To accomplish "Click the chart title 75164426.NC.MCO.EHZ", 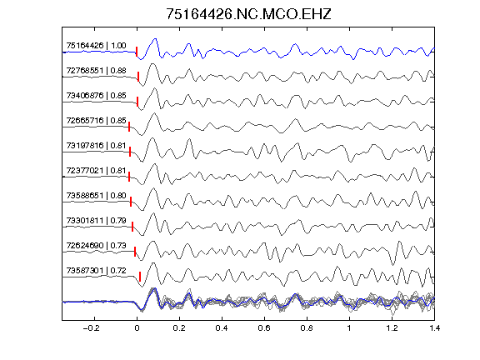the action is pos(248,14).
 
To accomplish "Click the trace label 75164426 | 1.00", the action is pos(96,46).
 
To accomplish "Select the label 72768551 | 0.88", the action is pos(96,71).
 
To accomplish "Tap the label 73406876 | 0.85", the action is pos(96,96).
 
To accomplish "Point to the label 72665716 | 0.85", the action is pos(96,121).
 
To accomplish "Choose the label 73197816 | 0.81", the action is pos(96,145).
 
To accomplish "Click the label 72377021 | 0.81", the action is pos(96,171).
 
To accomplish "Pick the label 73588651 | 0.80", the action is pos(96,195).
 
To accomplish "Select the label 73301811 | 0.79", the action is pos(96,220).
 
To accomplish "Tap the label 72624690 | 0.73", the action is pos(96,246).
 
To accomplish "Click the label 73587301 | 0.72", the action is pos(96,271).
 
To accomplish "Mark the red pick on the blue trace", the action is pos(137,52).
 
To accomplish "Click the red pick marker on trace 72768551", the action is pos(138,77).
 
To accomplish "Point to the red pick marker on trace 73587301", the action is pos(140,277).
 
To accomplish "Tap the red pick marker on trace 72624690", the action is pos(135,252).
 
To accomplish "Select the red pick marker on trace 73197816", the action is pos(130,152).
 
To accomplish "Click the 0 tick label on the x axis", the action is pos(137,328).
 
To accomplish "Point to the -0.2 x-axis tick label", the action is pos(92,328).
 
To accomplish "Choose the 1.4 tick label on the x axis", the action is pos(434,328).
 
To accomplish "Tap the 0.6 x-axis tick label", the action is pos(264,328).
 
